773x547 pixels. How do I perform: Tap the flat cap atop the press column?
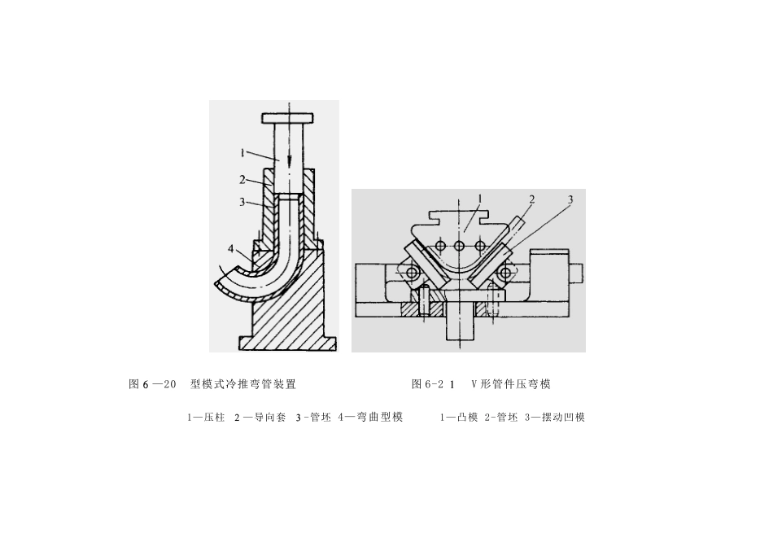coord(288,116)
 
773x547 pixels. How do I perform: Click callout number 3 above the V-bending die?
coord(570,199)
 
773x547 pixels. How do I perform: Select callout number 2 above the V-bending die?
coord(531,198)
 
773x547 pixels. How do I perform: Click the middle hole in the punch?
coord(460,246)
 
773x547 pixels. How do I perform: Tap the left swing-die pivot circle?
coord(413,272)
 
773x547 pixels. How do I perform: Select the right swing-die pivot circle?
coord(507,272)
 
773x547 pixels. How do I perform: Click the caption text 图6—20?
coord(153,384)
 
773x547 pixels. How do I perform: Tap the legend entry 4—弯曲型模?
coord(370,418)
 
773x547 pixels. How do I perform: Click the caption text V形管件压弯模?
coord(511,384)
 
